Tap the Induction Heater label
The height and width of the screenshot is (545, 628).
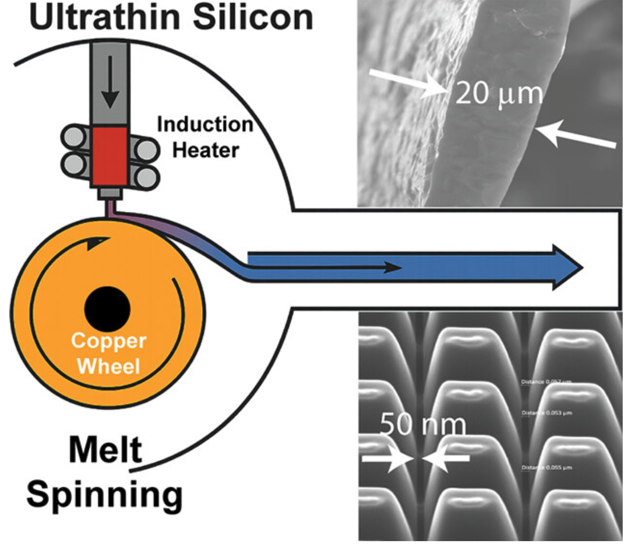(205, 137)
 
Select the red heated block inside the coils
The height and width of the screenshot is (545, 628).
(110, 156)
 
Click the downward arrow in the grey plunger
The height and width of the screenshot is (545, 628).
(110, 82)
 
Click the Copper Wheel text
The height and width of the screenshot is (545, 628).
(109, 354)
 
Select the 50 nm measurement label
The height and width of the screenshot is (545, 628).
(423, 425)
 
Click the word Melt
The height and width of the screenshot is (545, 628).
(106, 450)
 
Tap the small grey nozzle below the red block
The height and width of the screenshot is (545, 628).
(109, 194)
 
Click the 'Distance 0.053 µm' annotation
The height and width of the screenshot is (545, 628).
(546, 413)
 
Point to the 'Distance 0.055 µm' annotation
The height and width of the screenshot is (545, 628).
(546, 468)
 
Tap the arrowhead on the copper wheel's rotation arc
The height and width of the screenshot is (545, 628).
(95, 244)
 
